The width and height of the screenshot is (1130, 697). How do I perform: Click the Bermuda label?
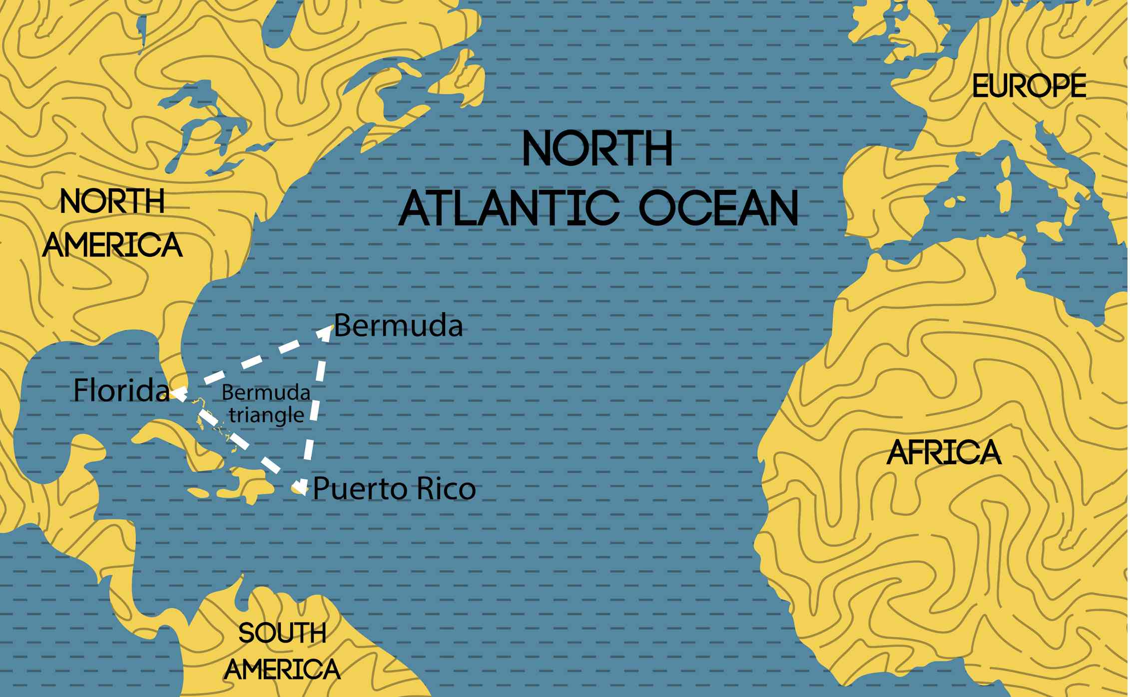point(398,326)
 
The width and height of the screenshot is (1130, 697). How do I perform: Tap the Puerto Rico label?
point(394,489)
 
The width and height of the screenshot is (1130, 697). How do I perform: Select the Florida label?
point(121,390)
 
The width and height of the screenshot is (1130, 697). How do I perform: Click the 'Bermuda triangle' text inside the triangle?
point(266,404)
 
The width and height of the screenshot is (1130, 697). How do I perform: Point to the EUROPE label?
point(1029,86)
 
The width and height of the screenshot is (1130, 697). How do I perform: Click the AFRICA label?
point(944,453)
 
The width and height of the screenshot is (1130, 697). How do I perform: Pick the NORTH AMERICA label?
point(113,223)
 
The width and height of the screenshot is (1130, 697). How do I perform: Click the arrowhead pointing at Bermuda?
point(327,332)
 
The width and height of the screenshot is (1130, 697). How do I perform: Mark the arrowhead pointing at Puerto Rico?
point(300,486)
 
